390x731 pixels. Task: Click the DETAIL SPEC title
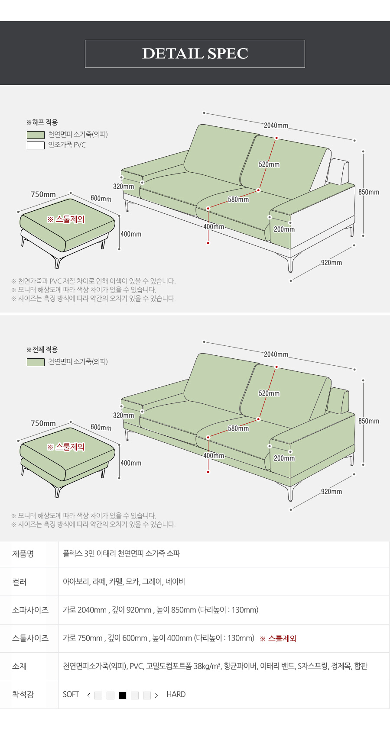click(195, 54)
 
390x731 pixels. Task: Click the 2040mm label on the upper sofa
click(276, 126)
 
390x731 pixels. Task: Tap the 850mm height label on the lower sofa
click(369, 421)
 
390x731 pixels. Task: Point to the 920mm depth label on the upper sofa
click(331, 263)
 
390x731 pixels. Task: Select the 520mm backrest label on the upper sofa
click(269, 164)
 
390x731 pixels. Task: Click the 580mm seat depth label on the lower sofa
click(238, 428)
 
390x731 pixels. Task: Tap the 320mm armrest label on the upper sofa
click(123, 187)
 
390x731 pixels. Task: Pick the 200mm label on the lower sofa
click(284, 458)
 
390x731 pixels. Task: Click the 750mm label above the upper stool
click(43, 194)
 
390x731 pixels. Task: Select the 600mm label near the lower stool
click(101, 428)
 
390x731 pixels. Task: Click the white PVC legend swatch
click(36, 145)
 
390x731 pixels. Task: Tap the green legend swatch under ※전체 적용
click(36, 362)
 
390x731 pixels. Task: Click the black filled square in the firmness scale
click(123, 696)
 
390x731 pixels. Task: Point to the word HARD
click(176, 695)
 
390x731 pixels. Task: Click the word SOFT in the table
click(71, 695)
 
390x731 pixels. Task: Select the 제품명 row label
click(23, 554)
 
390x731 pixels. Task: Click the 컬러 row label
click(19, 582)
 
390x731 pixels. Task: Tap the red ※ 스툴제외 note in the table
click(278, 639)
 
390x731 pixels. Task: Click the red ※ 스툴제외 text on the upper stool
click(66, 219)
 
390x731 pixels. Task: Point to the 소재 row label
click(19, 666)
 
